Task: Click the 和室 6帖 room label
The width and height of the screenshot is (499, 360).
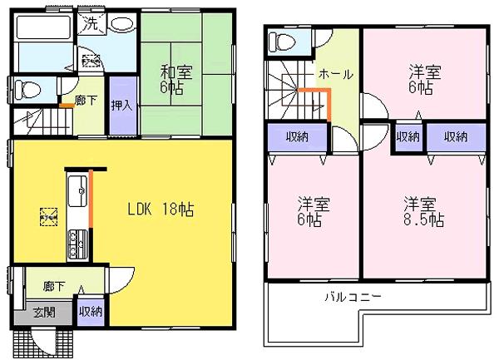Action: pyautogui.click(x=175, y=79)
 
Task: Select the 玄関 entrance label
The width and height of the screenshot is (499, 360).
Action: pyautogui.click(x=45, y=313)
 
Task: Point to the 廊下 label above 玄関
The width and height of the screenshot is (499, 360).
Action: pyautogui.click(x=54, y=286)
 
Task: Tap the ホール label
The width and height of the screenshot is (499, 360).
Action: pyautogui.click(x=334, y=73)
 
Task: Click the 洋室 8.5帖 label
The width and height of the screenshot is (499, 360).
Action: pyautogui.click(x=423, y=211)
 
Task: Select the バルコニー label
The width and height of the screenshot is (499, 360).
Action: pyautogui.click(x=353, y=297)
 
